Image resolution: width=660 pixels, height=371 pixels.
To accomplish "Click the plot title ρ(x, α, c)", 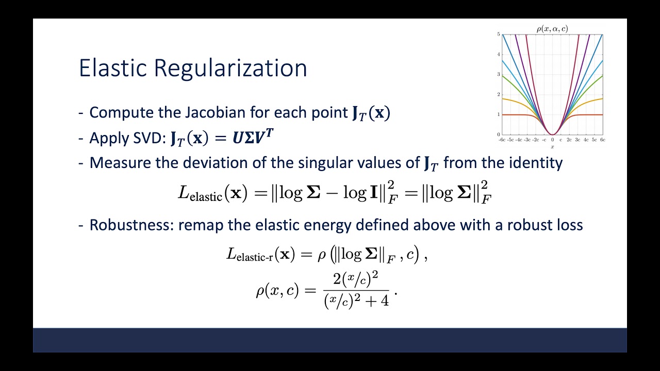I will [552, 29].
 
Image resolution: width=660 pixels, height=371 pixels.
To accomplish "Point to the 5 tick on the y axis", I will [499, 34].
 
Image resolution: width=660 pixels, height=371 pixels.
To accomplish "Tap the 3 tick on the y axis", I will [499, 74].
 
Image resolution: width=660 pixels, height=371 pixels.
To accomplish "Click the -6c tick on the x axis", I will [502, 140].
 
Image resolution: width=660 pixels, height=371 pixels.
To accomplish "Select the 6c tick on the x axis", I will [602, 140].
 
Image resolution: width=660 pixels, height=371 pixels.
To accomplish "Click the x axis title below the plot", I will [552, 146].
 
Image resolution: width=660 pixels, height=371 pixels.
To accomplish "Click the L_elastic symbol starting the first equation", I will [200, 193].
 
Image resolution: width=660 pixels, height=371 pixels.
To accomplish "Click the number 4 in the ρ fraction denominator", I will [384, 301].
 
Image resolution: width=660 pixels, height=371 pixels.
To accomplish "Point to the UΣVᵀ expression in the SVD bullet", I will [253, 138].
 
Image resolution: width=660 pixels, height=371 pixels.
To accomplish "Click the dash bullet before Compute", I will [81, 112].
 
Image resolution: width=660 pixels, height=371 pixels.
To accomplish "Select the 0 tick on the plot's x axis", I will [552, 140].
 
